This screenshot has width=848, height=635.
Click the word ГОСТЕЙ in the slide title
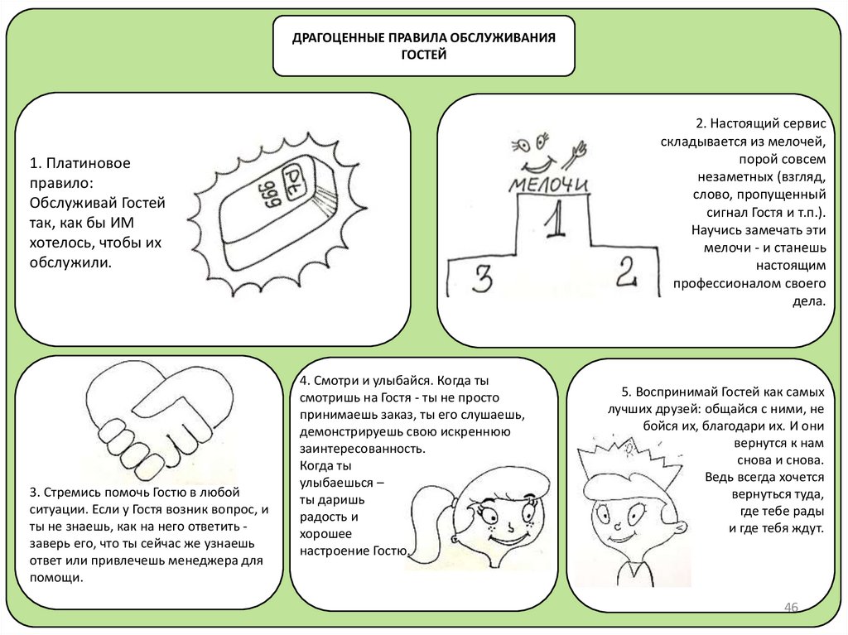[x=423, y=55]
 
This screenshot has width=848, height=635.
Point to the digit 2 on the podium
[x=628, y=271]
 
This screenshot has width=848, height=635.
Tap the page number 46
[x=790, y=609]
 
